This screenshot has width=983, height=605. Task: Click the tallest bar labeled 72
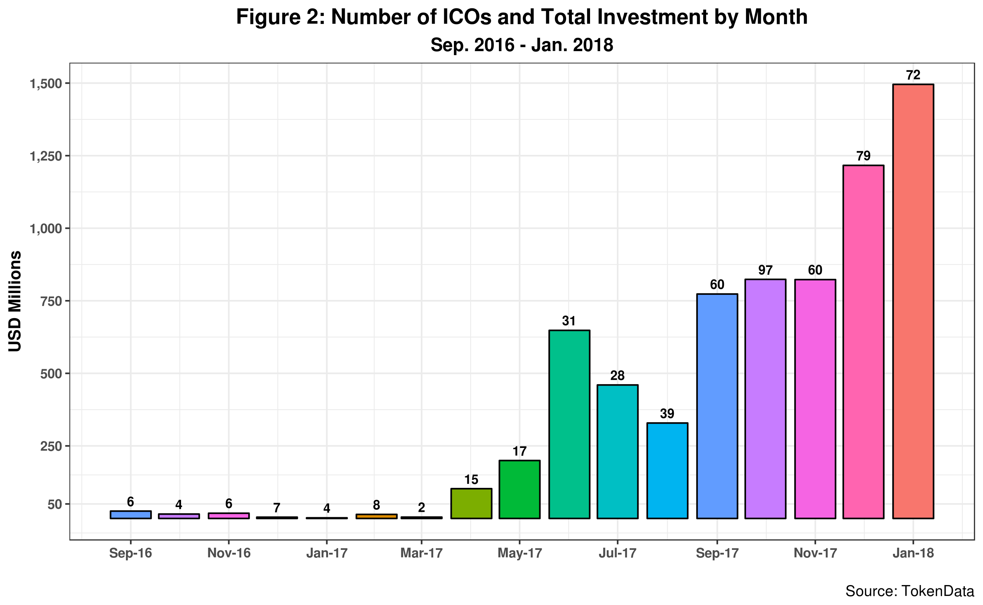[913, 301]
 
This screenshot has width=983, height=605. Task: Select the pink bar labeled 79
[863, 342]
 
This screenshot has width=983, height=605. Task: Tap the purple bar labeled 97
[765, 399]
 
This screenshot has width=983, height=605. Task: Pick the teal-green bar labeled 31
[569, 424]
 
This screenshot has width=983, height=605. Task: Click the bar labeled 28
[618, 452]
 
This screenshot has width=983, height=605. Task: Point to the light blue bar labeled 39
[667, 471]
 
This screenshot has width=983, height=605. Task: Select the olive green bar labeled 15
[471, 504]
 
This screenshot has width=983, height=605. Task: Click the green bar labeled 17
[520, 490]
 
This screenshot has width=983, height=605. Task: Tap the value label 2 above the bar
[421, 508]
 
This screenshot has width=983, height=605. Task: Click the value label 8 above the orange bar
[376, 505]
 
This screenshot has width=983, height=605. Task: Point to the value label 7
[277, 508]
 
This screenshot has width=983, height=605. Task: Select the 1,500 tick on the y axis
[46, 84]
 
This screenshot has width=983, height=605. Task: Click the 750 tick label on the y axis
[52, 301]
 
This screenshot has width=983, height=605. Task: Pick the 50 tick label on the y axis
[55, 505]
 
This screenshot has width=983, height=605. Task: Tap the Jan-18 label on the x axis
[913, 553]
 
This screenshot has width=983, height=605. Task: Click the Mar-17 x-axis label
[421, 553]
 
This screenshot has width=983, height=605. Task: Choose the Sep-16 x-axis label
[131, 553]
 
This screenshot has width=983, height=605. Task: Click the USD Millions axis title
[15, 301]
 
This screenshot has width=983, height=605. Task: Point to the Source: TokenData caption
[910, 591]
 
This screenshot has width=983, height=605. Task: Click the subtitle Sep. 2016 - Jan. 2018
[522, 45]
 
